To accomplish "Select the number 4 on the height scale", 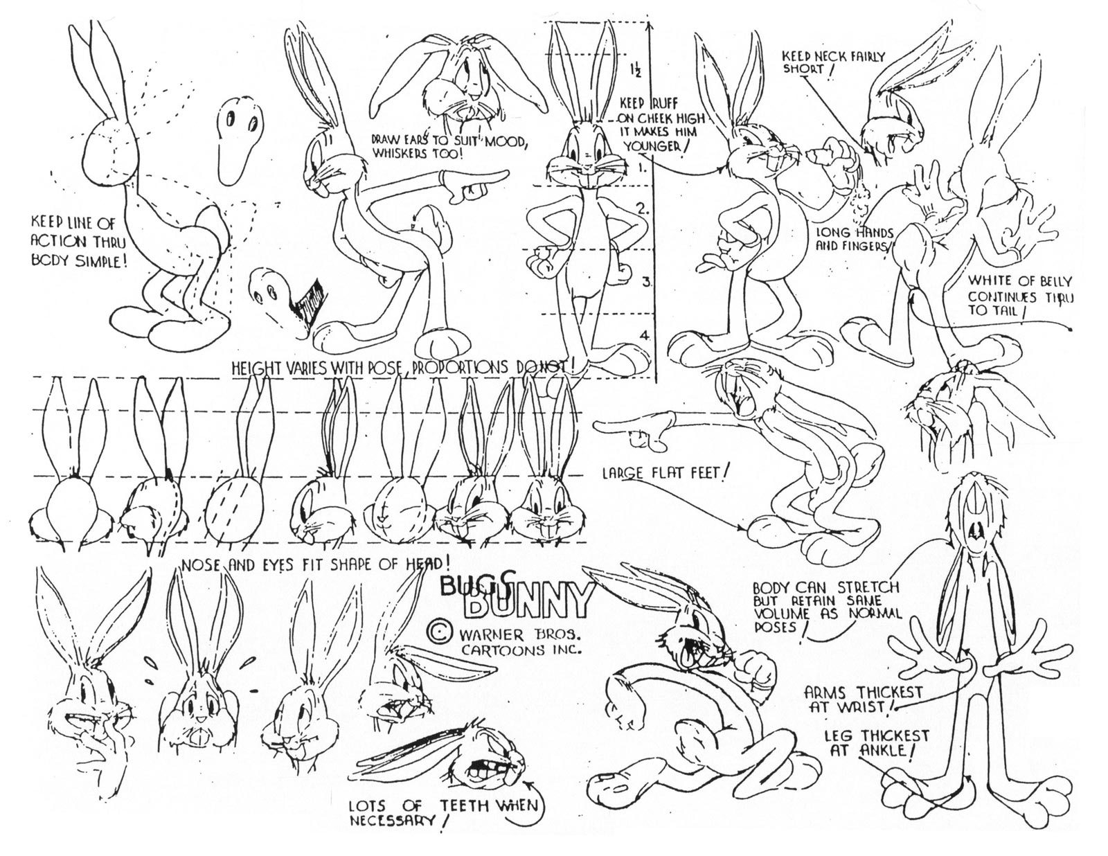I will [x=643, y=335].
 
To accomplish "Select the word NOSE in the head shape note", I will [x=200, y=567].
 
